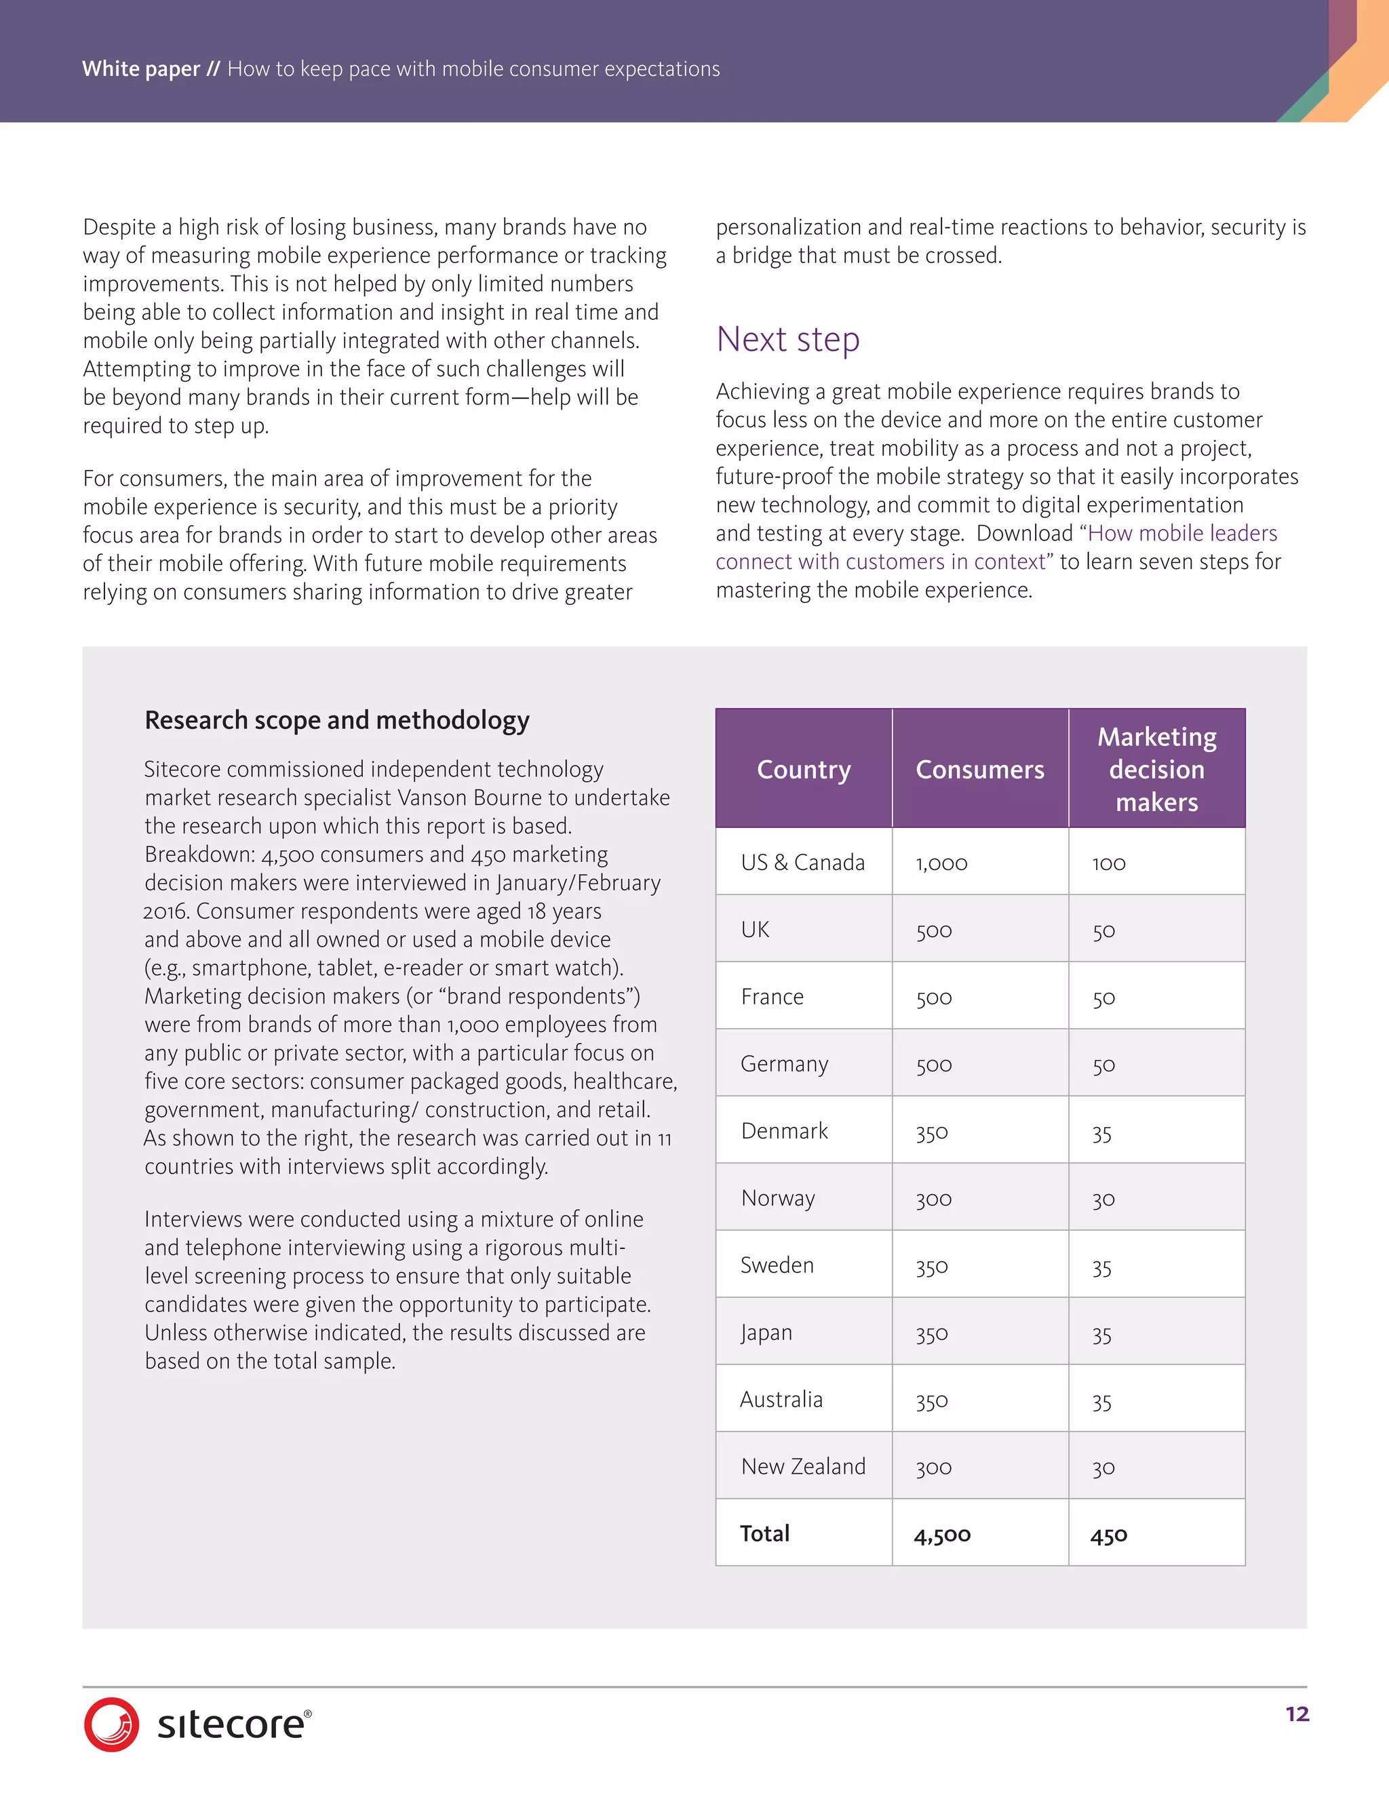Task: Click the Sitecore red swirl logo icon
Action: tap(111, 1724)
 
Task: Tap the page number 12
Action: tap(1297, 1714)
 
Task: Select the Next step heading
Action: tap(787, 339)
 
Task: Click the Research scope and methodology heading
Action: tap(336, 720)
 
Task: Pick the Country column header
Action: tap(803, 770)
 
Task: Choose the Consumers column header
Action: tap(979, 770)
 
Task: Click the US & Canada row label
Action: tap(802, 863)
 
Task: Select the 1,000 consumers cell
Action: tap(941, 863)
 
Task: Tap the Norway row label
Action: tap(778, 1198)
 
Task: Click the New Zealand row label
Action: tap(802, 1466)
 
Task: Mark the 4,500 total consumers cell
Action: tap(941, 1535)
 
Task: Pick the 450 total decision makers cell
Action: tap(1108, 1535)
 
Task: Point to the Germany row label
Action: tap(783, 1064)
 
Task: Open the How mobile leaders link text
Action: tap(1181, 533)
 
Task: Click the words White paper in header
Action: tap(140, 68)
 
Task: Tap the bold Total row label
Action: tap(764, 1534)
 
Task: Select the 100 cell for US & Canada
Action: tap(1108, 863)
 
